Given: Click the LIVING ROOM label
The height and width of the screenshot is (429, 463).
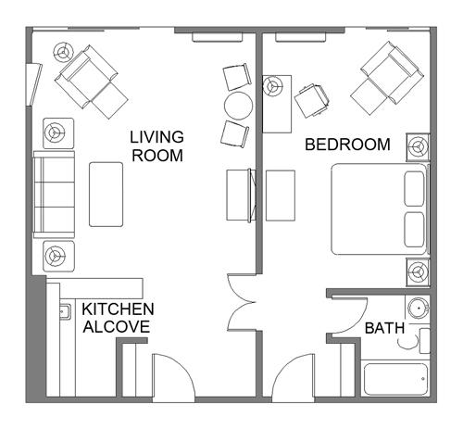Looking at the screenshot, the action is (156, 146).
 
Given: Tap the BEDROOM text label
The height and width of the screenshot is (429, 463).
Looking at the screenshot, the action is (347, 145).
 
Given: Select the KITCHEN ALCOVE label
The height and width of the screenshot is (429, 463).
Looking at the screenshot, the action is (118, 318).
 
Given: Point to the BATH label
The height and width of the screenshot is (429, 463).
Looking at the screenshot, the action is (384, 328).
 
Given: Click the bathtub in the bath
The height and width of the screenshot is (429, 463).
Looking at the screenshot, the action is (396, 379).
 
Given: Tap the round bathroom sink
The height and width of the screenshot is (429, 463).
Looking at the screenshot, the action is (419, 308).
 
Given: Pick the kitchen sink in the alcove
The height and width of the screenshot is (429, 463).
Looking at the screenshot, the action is (65, 311).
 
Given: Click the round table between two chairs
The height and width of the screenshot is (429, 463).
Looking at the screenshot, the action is (238, 106).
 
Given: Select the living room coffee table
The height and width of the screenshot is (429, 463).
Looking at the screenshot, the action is (106, 195).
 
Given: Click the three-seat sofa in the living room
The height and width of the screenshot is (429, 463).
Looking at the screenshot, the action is (54, 195).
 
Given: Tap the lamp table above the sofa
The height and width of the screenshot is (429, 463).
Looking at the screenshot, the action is (58, 133).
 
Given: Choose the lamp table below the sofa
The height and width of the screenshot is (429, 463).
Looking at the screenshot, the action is (58, 256).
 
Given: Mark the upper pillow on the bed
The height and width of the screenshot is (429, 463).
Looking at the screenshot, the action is (414, 189).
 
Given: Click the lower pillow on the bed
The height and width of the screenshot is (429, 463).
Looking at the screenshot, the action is (414, 230).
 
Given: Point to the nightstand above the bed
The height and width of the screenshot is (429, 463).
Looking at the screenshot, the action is (418, 147).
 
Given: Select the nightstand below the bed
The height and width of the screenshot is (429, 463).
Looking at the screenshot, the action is (418, 272).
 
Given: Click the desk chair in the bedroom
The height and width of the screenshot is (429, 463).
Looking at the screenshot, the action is (311, 101).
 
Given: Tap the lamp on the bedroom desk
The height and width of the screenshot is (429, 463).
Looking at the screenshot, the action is (273, 86).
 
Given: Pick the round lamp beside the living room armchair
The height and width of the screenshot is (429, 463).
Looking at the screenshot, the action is (64, 52).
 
